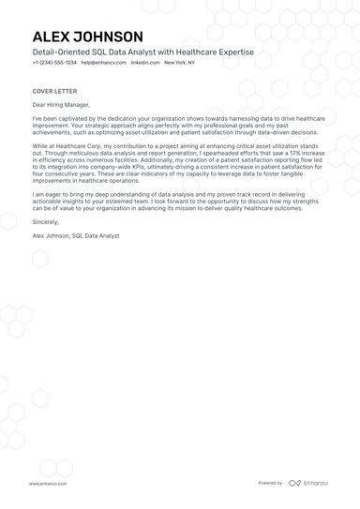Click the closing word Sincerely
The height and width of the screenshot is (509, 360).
(x=45, y=222)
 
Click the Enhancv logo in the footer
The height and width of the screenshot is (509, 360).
(x=309, y=484)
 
